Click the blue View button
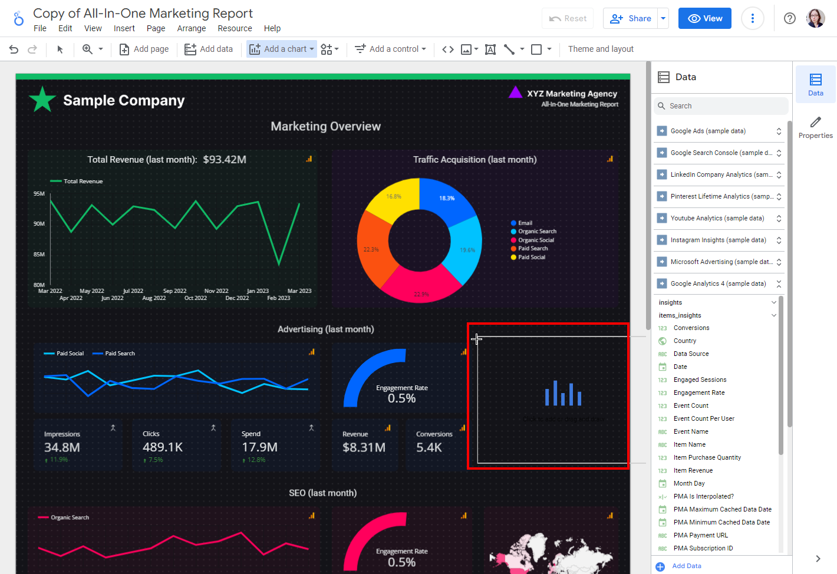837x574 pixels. pos(704,18)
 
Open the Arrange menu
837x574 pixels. pos(192,28)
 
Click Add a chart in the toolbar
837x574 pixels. pos(282,49)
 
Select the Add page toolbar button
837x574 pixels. pos(144,49)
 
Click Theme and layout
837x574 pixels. pos(601,49)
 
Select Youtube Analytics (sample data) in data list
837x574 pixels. pos(717,218)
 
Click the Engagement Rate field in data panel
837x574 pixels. pos(699,392)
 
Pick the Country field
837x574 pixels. pos(685,341)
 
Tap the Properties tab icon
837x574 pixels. pos(815,127)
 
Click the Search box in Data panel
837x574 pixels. pos(722,106)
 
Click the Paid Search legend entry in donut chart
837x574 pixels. pos(533,249)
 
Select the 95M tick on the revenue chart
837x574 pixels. pos(39,193)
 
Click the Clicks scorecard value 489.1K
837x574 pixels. pos(163,447)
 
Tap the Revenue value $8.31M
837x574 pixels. pos(364,447)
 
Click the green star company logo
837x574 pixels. pos(42,100)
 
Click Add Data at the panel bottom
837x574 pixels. pos(686,566)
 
